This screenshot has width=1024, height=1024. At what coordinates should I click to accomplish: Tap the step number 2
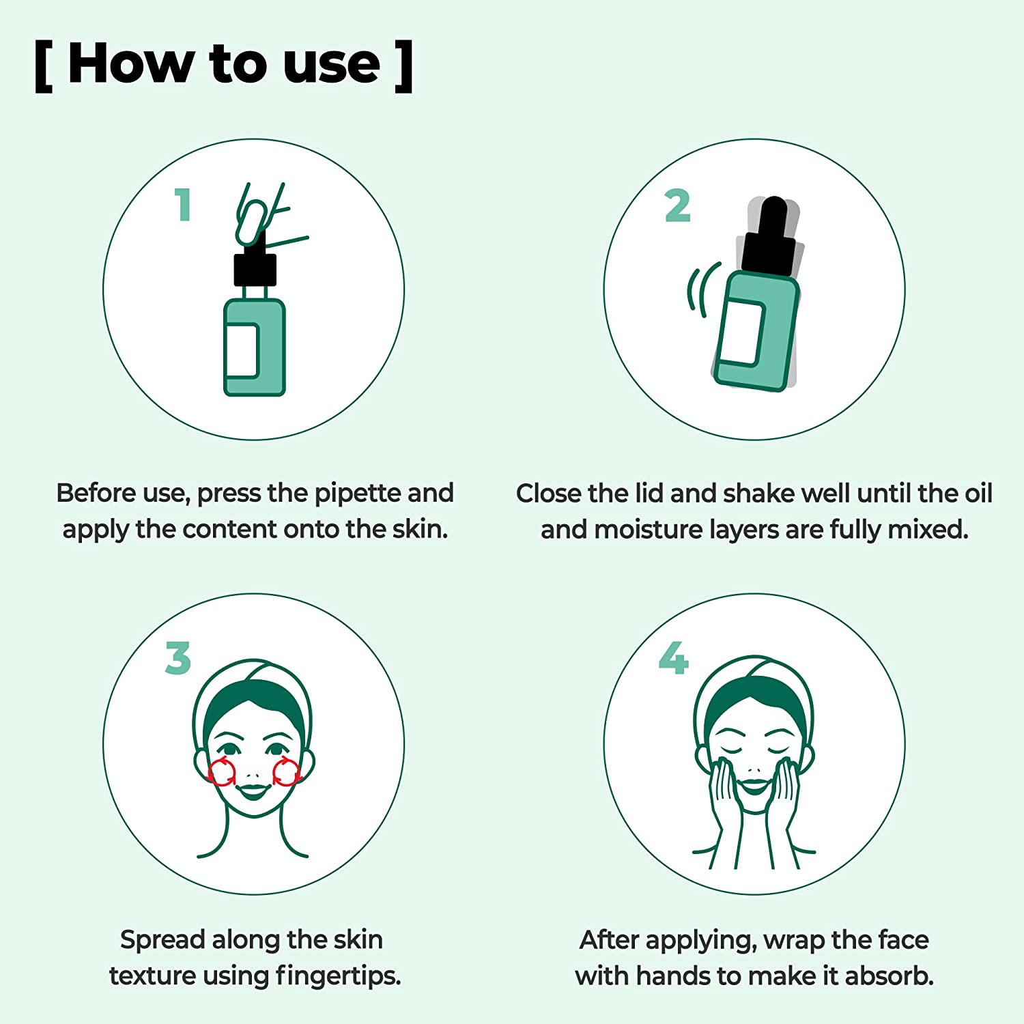(677, 206)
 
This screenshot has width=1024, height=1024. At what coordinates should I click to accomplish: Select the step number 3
(178, 658)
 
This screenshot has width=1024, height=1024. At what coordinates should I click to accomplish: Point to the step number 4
(673, 658)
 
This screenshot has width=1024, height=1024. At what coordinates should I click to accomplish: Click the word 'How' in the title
(131, 64)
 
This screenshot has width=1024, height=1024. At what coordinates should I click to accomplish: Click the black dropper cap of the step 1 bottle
(255, 269)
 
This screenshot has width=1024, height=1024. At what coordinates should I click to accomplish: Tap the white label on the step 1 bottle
(242, 350)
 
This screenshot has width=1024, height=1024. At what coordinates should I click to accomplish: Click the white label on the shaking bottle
(741, 332)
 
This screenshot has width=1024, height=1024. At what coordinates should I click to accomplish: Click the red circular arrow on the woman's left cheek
(286, 772)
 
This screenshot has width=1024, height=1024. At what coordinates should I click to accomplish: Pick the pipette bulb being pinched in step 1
(251, 223)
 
